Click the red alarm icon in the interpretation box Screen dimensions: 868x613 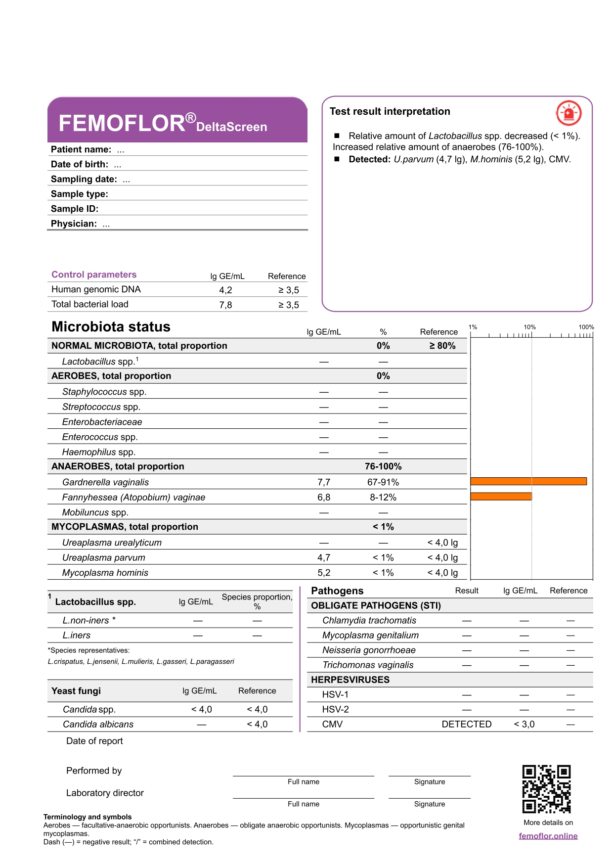pos(569,113)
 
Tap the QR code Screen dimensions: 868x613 pos(546,789)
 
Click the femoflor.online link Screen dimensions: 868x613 pos(548,836)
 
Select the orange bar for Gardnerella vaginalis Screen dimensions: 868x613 pos(528,481)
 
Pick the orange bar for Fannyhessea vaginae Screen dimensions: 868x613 pos(501,496)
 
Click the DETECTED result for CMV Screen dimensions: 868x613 pos(466,724)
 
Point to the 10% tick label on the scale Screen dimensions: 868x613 pos(529,327)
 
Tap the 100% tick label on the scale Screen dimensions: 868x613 pos(586,327)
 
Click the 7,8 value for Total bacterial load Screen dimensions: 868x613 pos(225,305)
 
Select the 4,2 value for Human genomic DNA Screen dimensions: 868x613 pos(225,290)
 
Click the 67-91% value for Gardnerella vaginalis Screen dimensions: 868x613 pos(383,482)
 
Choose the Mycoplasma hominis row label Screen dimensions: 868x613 pos(105,573)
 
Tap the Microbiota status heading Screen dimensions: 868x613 pos(111,327)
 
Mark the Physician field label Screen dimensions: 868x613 pos(74,224)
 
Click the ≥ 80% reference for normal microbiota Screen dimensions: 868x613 pos(442,346)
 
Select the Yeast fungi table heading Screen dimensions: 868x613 pos(76,691)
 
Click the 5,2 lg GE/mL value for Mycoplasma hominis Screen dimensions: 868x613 pos(323,573)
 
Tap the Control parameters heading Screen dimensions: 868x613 pos(94,274)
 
